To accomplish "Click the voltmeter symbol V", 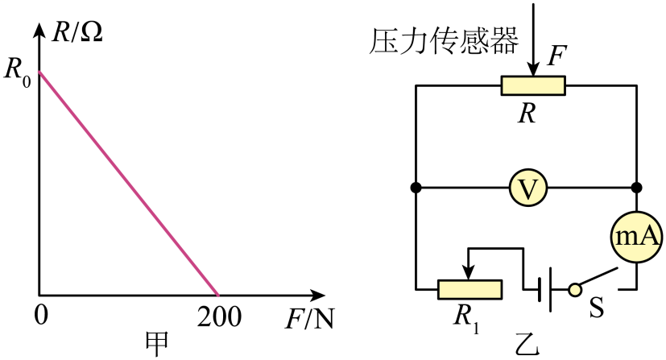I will [528, 188].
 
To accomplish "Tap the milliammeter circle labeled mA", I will [637, 235].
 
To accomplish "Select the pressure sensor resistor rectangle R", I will [532, 85].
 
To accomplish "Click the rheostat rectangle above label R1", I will [470, 288].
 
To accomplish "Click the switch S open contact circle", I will [574, 288].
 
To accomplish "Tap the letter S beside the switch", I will [597, 308].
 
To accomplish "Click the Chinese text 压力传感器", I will [444, 40].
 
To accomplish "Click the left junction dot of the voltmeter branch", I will [416, 188].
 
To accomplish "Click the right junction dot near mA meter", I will [637, 188].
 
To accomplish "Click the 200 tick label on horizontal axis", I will [218, 317].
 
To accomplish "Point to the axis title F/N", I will [309, 320].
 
